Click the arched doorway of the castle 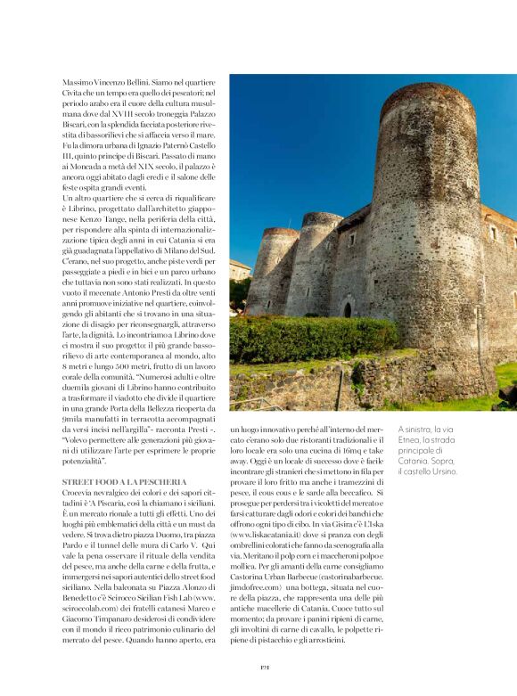pyautogui.click(x=347, y=309)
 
